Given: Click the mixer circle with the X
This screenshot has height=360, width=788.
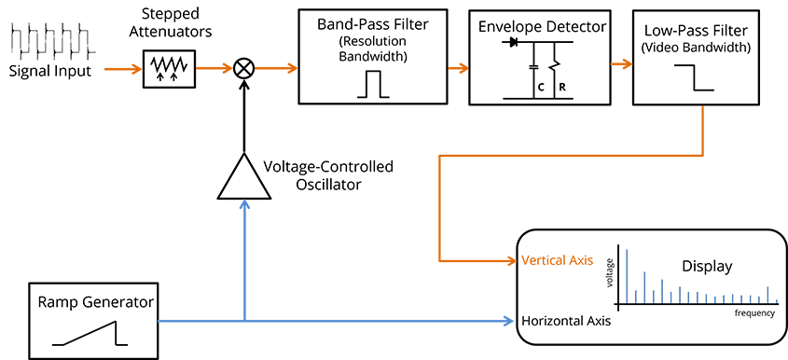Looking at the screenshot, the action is (244, 68).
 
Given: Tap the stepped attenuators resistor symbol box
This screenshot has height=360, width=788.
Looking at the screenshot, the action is (169, 68).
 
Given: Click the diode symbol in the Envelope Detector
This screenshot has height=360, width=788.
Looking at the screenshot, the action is (514, 43).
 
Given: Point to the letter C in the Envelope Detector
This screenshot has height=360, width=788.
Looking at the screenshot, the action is (541, 88).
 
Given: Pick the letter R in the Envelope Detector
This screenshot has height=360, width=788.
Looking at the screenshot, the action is (562, 88).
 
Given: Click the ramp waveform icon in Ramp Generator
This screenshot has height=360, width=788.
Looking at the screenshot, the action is (90, 333).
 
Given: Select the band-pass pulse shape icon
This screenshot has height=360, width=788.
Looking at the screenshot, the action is (372, 84).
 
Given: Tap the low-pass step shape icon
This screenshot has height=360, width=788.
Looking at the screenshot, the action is (694, 78).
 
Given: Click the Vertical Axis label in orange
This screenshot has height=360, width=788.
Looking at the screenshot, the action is (558, 260).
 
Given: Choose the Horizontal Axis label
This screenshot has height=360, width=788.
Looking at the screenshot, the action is (566, 320).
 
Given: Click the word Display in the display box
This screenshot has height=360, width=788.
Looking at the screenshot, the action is (707, 266).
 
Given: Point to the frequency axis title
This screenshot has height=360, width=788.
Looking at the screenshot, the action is (753, 313).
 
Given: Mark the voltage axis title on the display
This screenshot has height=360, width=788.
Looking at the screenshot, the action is (610, 272).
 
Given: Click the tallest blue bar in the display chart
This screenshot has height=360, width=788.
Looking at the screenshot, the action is (627, 276).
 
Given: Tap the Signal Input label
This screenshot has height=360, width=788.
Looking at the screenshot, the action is (50, 70).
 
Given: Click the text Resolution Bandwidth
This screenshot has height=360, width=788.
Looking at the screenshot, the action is (372, 48).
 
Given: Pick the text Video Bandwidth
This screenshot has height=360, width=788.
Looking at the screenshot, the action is (696, 48).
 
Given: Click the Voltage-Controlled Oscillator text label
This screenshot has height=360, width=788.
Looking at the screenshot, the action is (328, 175).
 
